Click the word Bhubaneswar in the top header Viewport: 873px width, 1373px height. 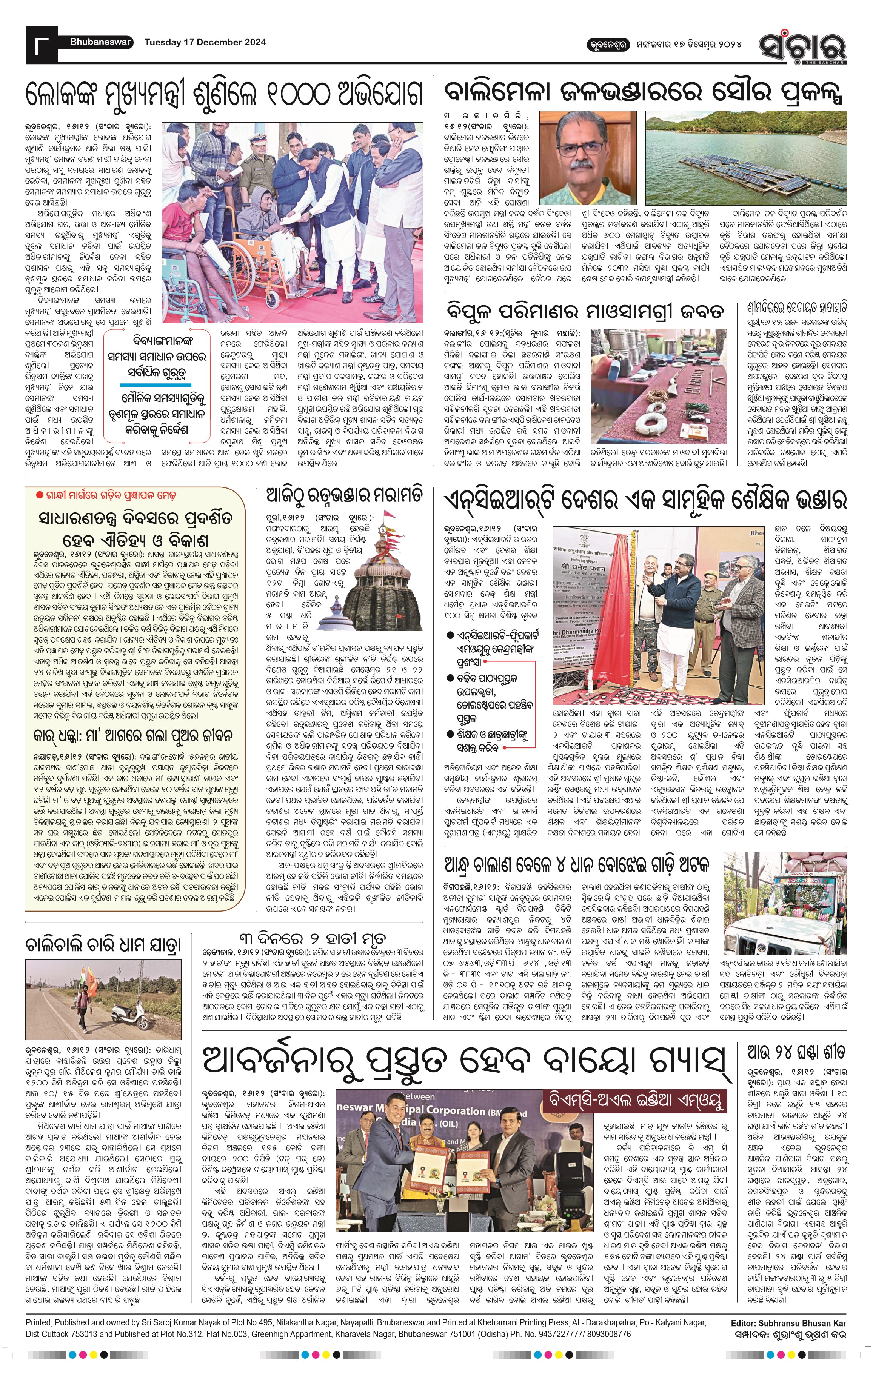click(101, 42)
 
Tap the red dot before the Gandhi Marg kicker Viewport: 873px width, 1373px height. click(39, 495)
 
